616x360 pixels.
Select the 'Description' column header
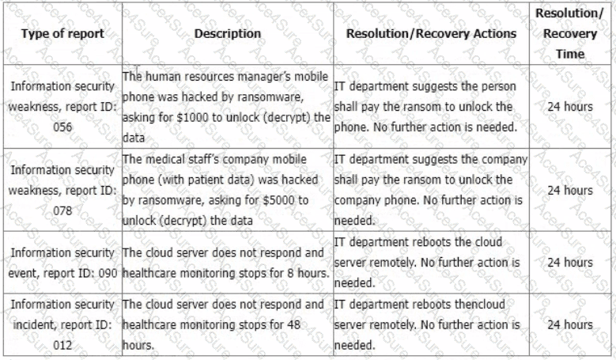[227, 34]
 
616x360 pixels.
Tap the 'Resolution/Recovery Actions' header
[431, 34]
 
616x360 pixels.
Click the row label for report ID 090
[62, 262]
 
